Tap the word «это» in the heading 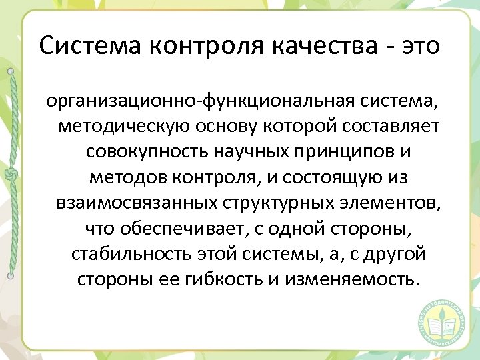point(420,46)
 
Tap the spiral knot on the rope point(11,173)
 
